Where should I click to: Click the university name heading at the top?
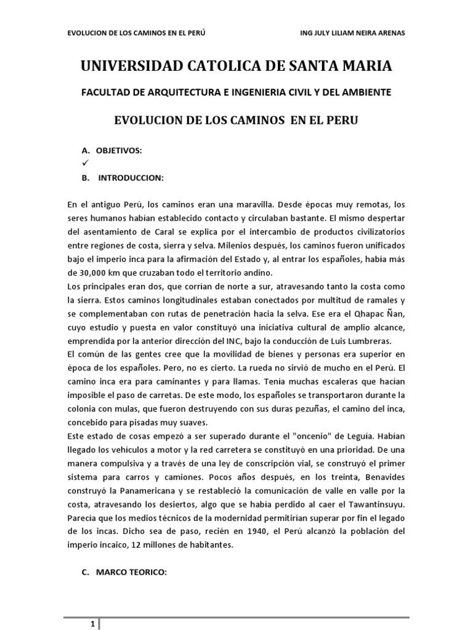coord(236,66)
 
